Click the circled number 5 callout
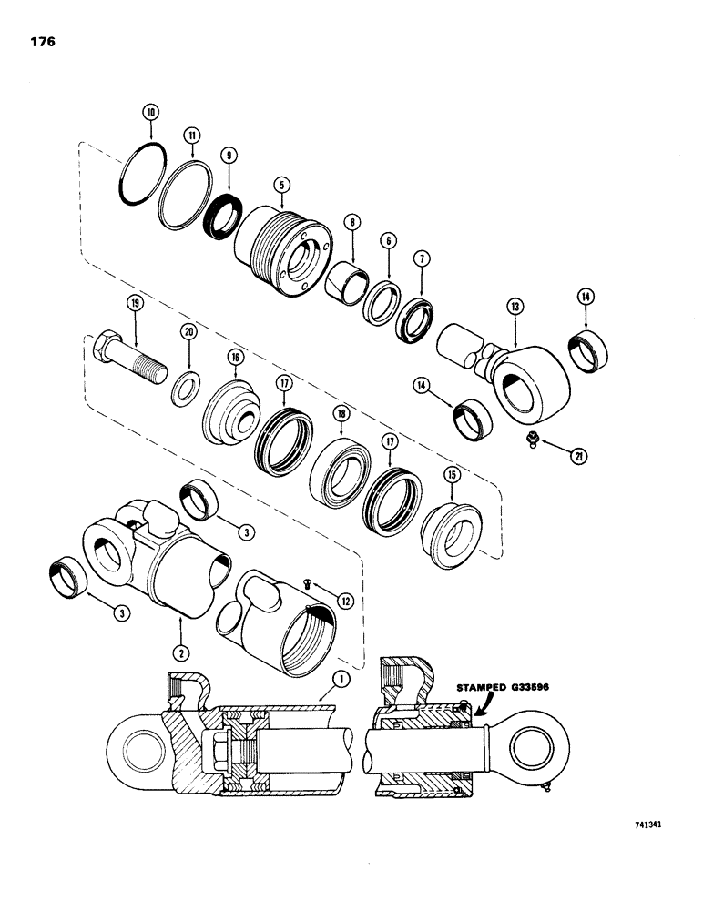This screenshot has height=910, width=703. pos(282,184)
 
